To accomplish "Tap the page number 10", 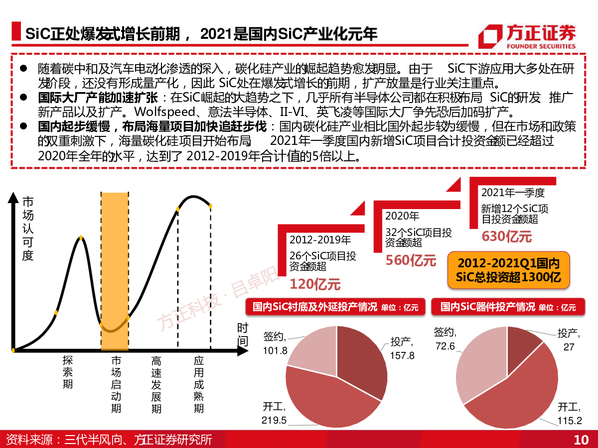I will pyautogui.click(x=581, y=440).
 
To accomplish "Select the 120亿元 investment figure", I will pyautogui.click(x=315, y=284).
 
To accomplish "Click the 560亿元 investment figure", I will pyautogui.click(x=411, y=260).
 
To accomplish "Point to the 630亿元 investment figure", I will pyautogui.click(x=507, y=236).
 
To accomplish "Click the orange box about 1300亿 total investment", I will pyautogui.click(x=508, y=270).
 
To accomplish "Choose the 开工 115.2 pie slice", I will pyautogui.click(x=518, y=393).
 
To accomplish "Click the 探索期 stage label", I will pyautogui.click(x=68, y=372).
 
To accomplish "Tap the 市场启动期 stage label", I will pyautogui.click(x=116, y=384).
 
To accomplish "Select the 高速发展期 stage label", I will pyautogui.click(x=156, y=384).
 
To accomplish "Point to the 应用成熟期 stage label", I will pyautogui.click(x=199, y=384).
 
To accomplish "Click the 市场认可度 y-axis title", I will pyautogui.click(x=28, y=228).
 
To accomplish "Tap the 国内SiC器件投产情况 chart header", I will pyautogui.click(x=508, y=307).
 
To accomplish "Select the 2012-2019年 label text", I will pyautogui.click(x=320, y=240).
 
